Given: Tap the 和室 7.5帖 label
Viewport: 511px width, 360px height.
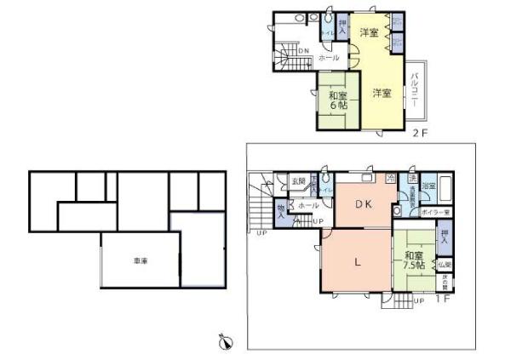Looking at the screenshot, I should pyautogui.click(x=416, y=260).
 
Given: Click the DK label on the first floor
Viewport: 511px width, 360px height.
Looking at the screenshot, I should pyautogui.click(x=365, y=204).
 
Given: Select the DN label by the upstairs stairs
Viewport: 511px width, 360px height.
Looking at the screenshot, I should pyautogui.click(x=304, y=51).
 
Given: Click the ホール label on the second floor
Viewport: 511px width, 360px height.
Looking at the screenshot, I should pyautogui.click(x=328, y=58).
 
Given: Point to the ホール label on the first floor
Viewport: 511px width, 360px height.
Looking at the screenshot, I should pyautogui.click(x=309, y=205).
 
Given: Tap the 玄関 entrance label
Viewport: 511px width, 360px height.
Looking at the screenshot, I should pyautogui.click(x=298, y=180).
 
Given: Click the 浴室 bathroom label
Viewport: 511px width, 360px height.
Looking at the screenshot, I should pyautogui.click(x=428, y=185).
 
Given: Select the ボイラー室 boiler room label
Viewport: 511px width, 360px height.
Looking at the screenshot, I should pyautogui.click(x=433, y=209).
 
